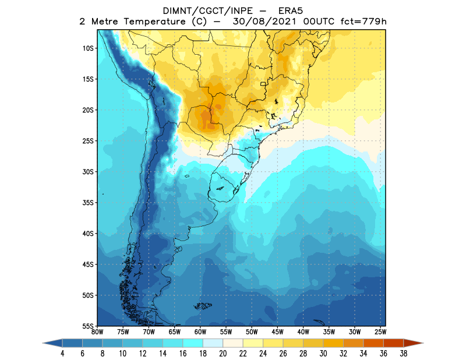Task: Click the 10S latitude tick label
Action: click(x=89, y=48)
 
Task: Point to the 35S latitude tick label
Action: click(x=89, y=202)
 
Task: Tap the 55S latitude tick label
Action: click(x=89, y=326)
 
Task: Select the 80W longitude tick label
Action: click(x=98, y=331)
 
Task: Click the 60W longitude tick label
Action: click(x=200, y=331)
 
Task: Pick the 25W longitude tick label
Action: click(x=379, y=331)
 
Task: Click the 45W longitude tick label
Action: click(x=277, y=331)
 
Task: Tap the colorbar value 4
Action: click(x=62, y=354)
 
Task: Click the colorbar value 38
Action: click(x=403, y=354)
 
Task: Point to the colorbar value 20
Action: click(x=223, y=354)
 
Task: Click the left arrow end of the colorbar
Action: click(x=49, y=344)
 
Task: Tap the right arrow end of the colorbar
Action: click(x=417, y=344)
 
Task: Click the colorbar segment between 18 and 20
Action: click(x=213, y=344)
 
